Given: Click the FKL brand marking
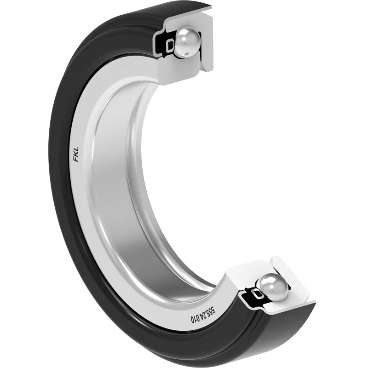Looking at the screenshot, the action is coord(76,155).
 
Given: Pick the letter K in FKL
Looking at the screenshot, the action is coord(76,155).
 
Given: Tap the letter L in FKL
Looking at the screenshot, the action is coord(76,150).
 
